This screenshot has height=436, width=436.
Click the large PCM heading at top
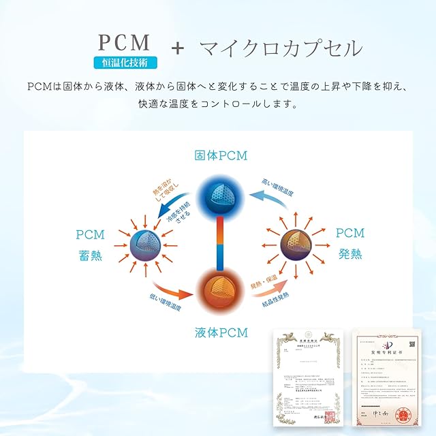125,42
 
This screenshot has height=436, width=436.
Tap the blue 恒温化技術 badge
125,63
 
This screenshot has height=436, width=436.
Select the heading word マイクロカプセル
281,48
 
